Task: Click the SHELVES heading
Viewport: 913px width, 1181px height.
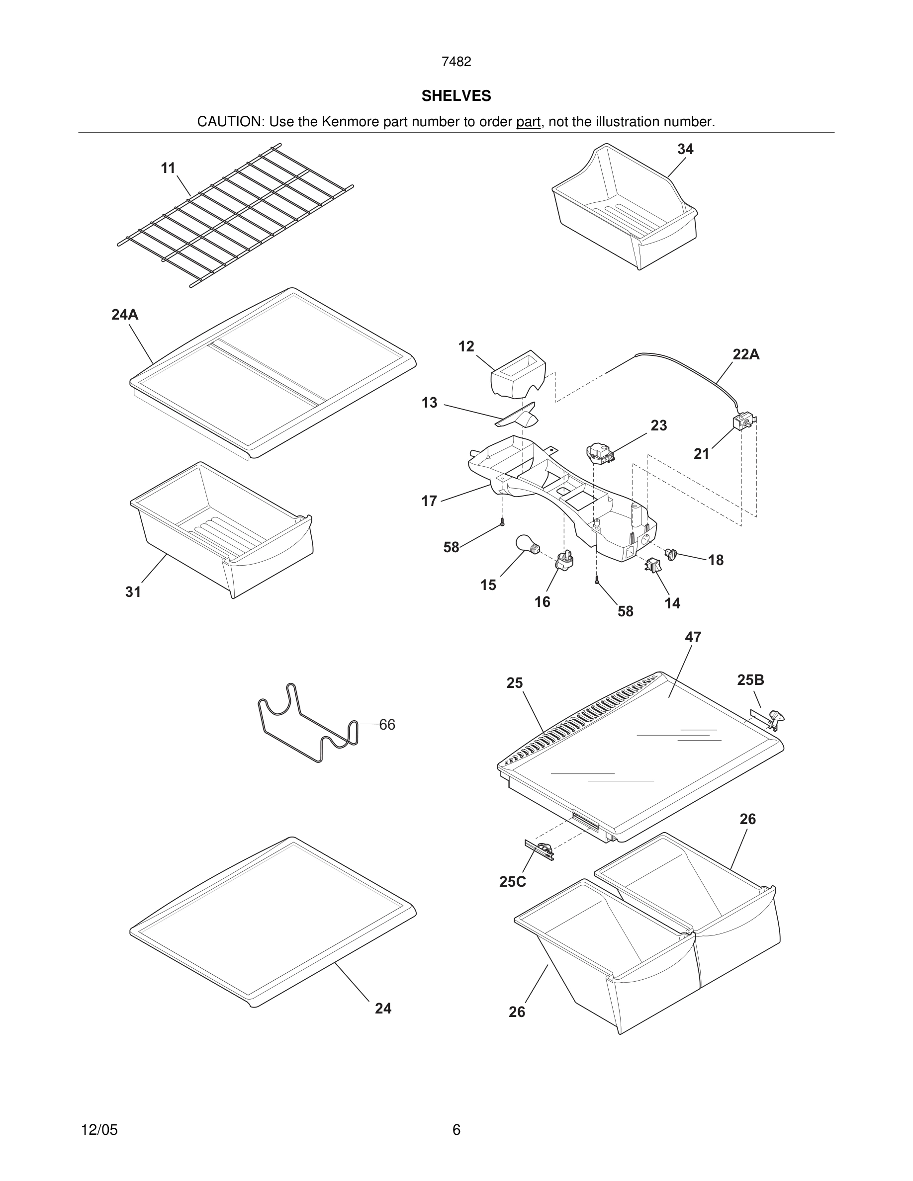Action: coord(456,96)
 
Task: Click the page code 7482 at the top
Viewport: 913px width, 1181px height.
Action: coord(456,62)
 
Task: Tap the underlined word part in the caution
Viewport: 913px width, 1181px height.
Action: coord(528,122)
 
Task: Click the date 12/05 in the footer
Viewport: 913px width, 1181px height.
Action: coord(99,1130)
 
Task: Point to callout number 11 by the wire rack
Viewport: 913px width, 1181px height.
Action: coord(168,168)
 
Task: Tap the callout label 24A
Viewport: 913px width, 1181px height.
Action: coord(125,314)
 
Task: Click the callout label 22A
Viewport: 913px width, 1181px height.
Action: coord(746,355)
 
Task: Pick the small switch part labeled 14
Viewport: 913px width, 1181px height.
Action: coord(653,566)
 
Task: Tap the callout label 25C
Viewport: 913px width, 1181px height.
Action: coord(512,882)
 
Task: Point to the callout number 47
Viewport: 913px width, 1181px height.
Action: coord(693,638)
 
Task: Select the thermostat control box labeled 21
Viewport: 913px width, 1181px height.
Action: coord(743,423)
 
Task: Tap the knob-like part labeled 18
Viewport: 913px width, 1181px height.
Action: coord(671,554)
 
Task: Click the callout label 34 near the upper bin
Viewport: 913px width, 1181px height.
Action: coord(685,149)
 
